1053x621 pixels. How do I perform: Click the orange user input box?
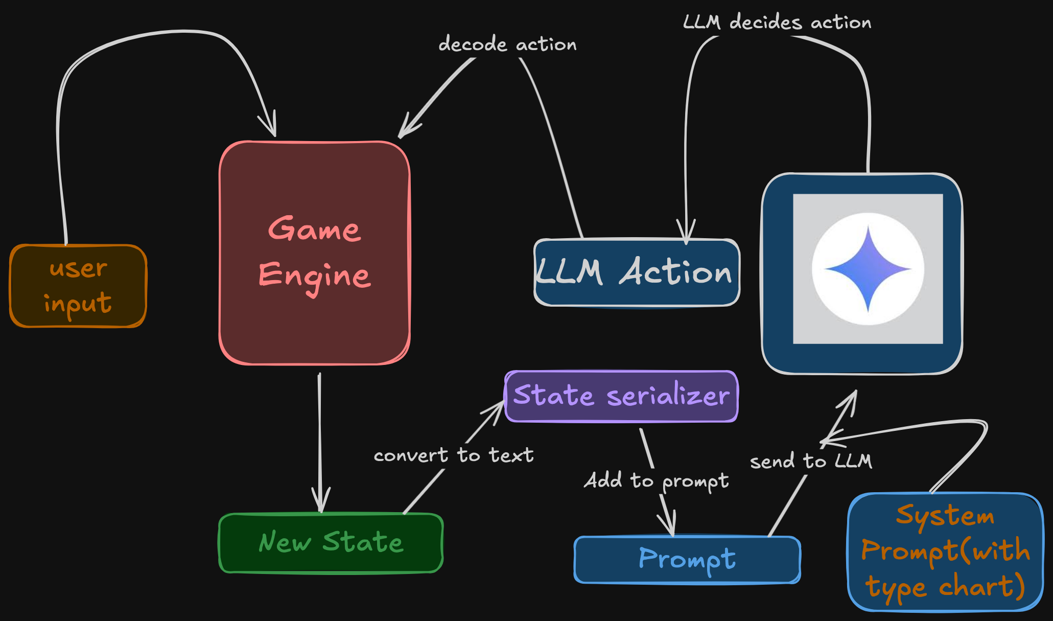(78, 286)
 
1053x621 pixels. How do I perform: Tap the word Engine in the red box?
(314, 276)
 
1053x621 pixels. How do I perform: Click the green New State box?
(331, 543)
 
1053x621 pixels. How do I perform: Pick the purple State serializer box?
(621, 396)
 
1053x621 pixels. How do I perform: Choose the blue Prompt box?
(687, 559)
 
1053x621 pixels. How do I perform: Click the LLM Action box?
(636, 272)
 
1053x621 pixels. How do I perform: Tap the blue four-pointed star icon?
(868, 268)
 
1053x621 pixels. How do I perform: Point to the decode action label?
(507, 44)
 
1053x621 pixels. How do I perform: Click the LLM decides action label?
(777, 22)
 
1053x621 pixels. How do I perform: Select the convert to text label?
(453, 455)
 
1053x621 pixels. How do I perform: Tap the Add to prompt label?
(657, 481)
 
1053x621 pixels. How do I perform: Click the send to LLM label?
(811, 461)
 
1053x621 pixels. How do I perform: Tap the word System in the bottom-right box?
(945, 515)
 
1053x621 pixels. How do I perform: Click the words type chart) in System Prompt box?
(945, 587)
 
